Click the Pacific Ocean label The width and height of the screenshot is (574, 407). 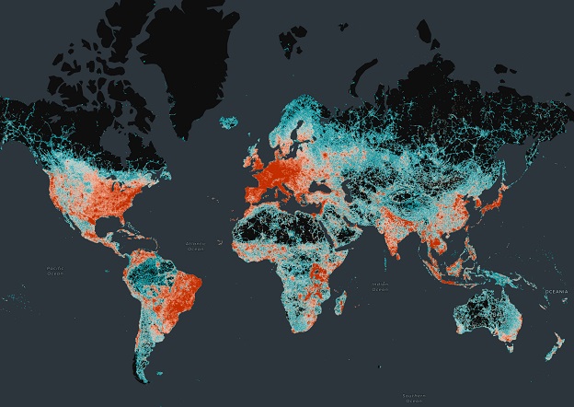point(56,270)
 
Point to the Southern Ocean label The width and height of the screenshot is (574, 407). point(412,398)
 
